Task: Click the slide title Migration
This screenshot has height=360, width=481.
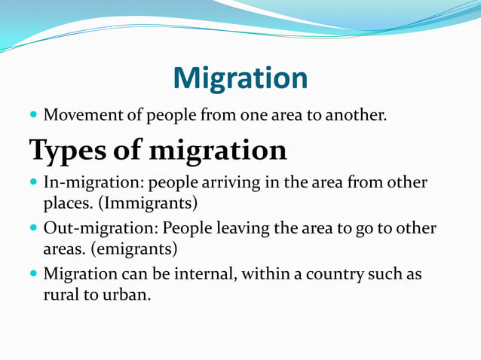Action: tap(240, 78)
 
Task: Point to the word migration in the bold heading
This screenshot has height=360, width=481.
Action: tap(218, 151)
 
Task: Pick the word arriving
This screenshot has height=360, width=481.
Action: tap(222, 183)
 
